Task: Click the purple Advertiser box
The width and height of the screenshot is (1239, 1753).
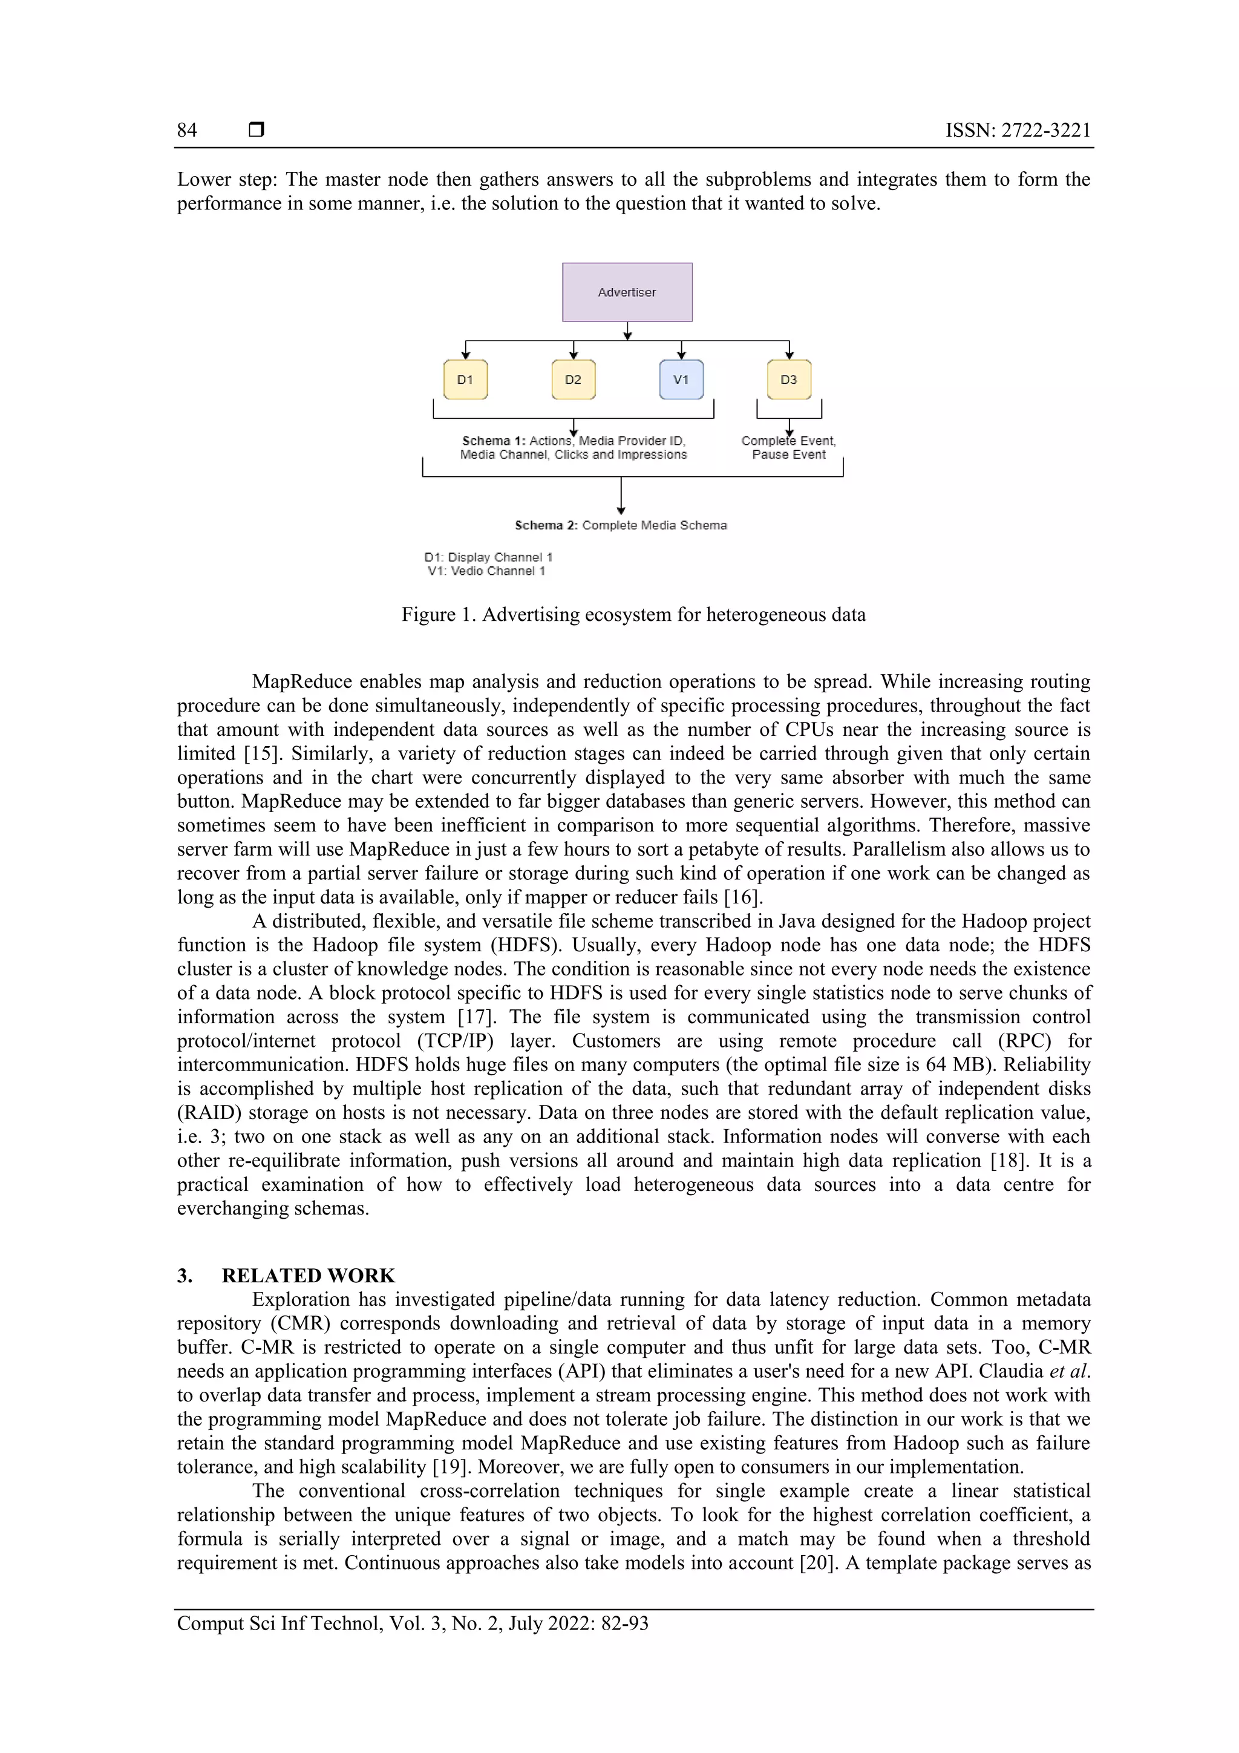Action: tap(627, 292)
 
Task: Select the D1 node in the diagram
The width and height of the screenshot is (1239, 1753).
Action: tap(465, 379)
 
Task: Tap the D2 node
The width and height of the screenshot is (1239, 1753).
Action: tap(572, 379)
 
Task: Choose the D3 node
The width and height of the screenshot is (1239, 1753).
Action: tap(789, 379)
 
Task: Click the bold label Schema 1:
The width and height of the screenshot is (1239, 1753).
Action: tap(493, 441)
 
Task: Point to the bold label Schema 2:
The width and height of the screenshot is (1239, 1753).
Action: tap(546, 525)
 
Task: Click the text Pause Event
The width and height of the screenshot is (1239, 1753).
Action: tap(789, 454)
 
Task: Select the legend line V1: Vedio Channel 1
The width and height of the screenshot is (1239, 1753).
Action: tap(486, 571)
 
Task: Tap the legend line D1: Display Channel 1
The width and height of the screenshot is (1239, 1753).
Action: tap(488, 557)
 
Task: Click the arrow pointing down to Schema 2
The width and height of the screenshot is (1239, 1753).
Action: tap(621, 496)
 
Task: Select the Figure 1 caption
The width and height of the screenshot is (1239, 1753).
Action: tap(633, 615)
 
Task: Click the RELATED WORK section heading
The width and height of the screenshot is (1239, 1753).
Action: tap(308, 1276)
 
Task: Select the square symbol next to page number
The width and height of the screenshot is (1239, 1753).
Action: tap(257, 129)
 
